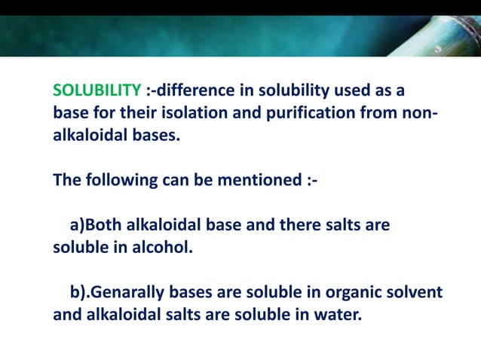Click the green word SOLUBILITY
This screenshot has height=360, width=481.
click(97, 91)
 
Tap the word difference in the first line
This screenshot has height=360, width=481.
click(198, 91)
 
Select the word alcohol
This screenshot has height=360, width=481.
click(159, 246)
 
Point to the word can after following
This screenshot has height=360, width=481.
click(171, 181)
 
